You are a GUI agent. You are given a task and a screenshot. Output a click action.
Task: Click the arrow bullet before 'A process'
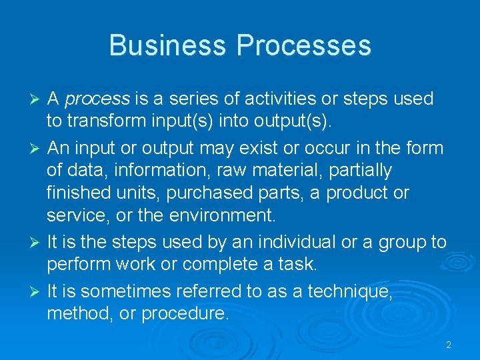coord(37,99)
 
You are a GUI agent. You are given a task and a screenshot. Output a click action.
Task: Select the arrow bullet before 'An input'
coord(37,148)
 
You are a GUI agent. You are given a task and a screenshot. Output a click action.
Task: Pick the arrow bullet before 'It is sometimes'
coord(37,291)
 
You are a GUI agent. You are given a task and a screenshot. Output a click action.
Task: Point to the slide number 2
coord(448,345)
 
